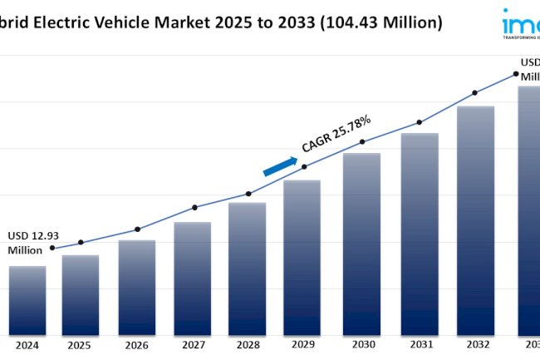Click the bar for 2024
[x=27, y=299]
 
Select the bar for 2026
[x=136, y=287]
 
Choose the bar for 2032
[x=475, y=220]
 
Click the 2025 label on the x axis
[x=81, y=345]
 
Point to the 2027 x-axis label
[x=192, y=345]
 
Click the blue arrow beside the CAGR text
[x=280, y=165]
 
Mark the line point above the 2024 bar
[x=52, y=248]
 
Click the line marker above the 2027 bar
[x=194, y=207]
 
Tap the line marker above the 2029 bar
[x=304, y=166]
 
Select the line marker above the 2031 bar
[x=420, y=121]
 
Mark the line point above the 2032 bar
[x=474, y=92]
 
